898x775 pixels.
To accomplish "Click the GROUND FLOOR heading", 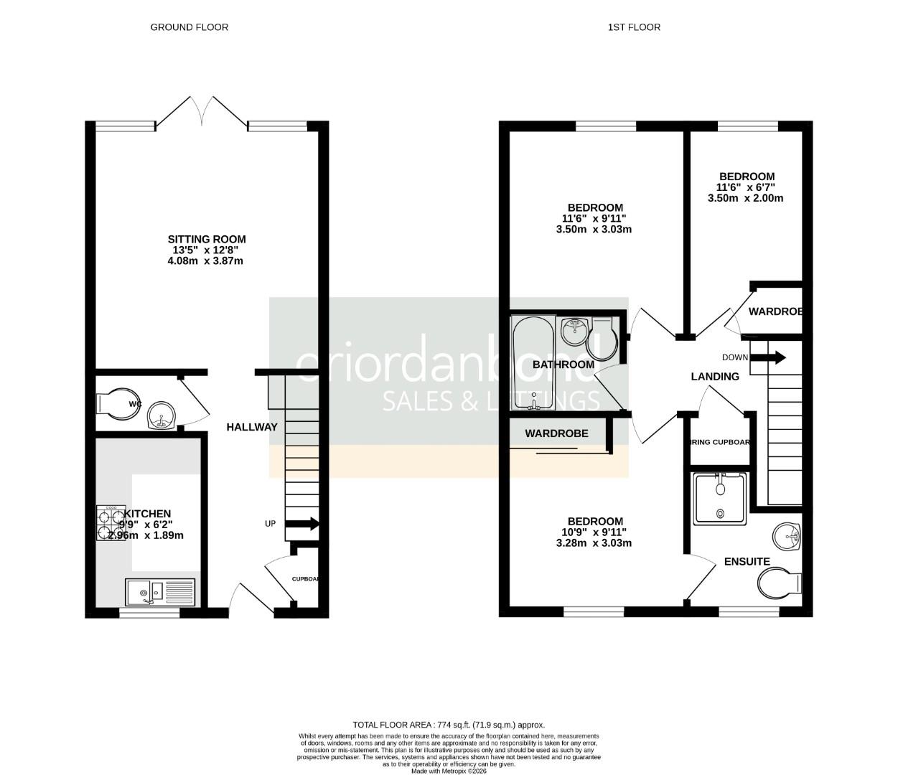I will [x=189, y=27].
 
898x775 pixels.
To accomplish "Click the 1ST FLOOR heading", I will [x=634, y=27].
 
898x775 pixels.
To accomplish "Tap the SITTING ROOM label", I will [x=207, y=239].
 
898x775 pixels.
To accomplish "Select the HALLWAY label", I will [x=252, y=427].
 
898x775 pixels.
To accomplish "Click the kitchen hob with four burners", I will [x=111, y=523].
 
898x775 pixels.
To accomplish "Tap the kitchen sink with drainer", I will [x=160, y=593].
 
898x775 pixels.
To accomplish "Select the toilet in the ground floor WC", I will [x=117, y=404].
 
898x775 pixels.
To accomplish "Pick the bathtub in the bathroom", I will [x=533, y=363].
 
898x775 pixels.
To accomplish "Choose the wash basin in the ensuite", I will [x=788, y=535].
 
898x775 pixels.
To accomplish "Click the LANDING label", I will [x=715, y=377].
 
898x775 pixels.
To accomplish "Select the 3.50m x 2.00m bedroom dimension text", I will [x=747, y=198].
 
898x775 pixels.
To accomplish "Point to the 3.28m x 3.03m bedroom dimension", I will [x=594, y=543].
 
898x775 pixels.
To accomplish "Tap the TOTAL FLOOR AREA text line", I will [x=449, y=725].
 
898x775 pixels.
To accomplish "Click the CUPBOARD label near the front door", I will [x=305, y=579].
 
